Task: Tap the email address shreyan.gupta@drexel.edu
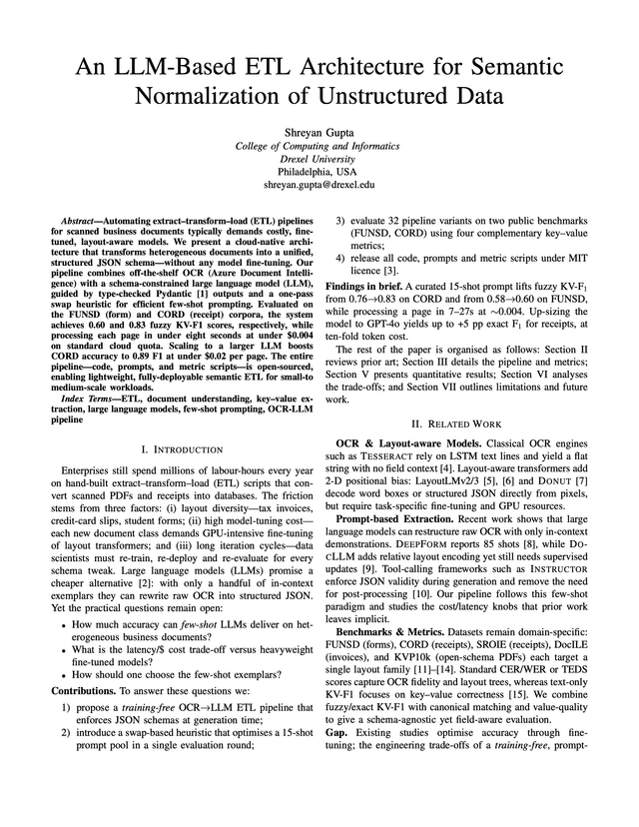(319, 185)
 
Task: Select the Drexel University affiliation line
(319, 158)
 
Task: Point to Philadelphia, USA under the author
(319, 171)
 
